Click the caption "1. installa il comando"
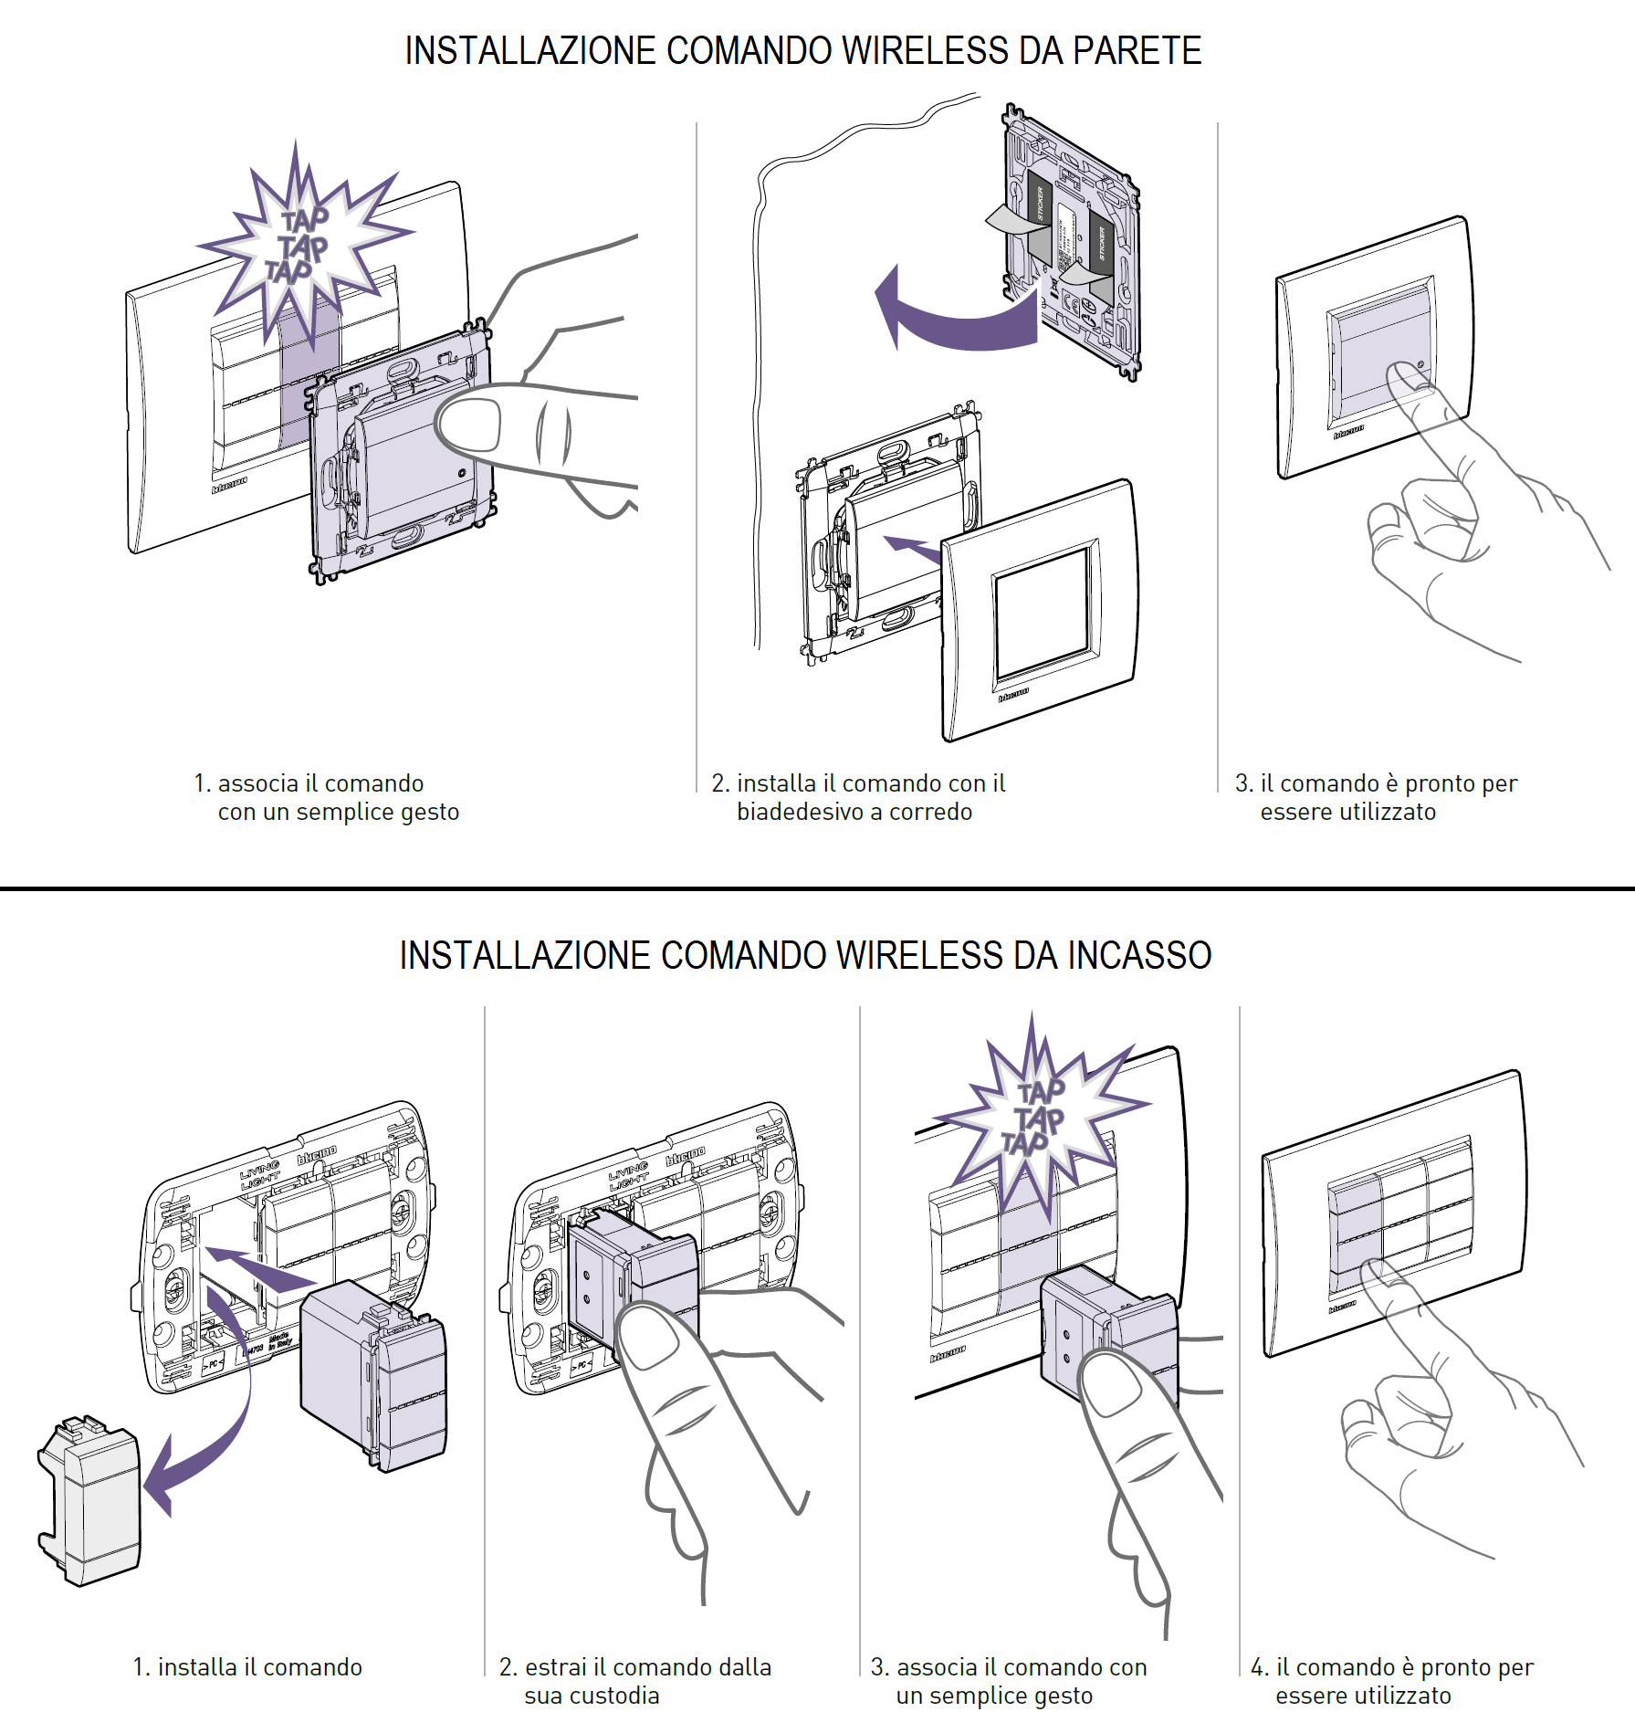tap(247, 1667)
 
